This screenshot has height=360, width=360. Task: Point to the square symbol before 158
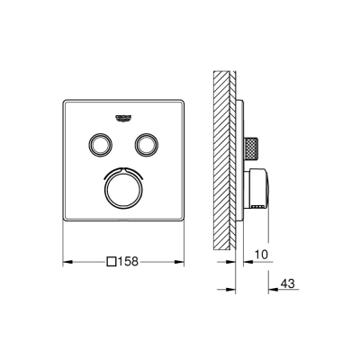(112, 263)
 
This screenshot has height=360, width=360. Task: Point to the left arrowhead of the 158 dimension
(66, 263)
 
